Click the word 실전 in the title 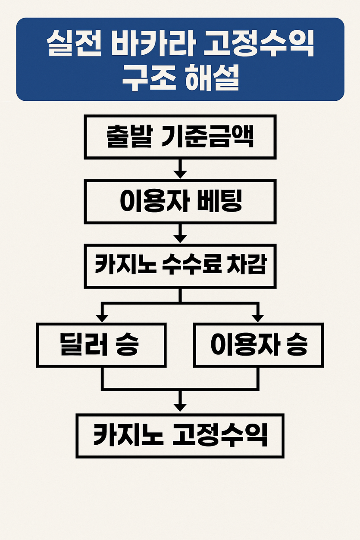(x=74, y=44)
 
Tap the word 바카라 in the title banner (x=152, y=44)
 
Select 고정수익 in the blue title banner (x=259, y=44)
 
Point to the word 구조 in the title (x=149, y=78)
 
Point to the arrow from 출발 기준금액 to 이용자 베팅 (x=180, y=169)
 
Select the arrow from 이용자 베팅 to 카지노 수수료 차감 (x=180, y=234)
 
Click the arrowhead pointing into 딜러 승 (x=102, y=318)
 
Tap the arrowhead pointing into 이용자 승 (x=258, y=318)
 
